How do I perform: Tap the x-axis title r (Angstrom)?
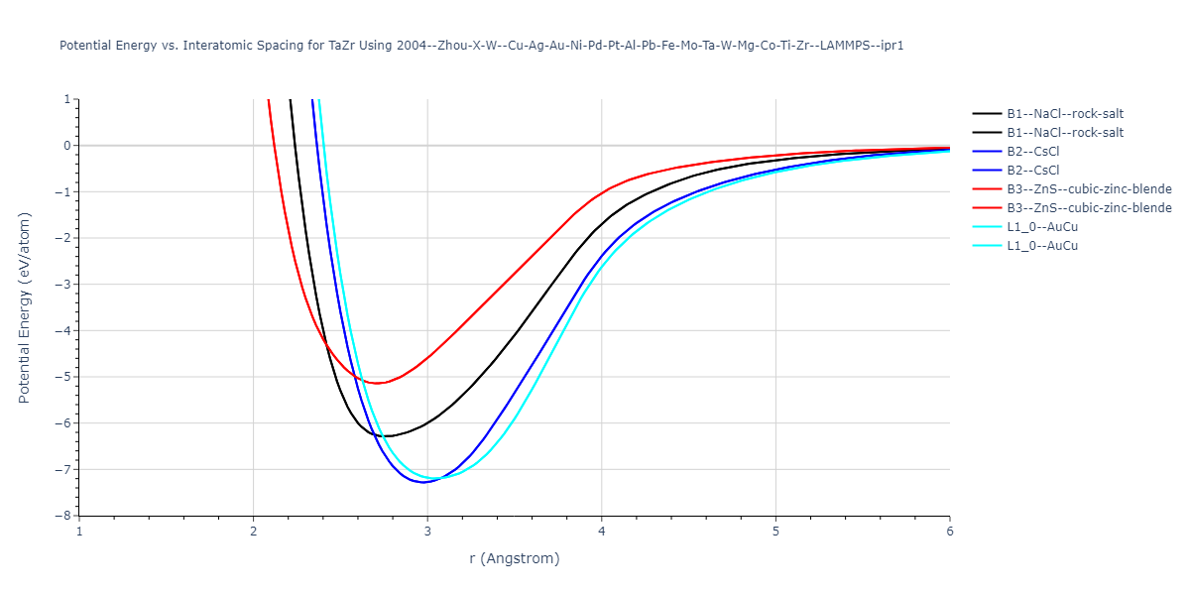click(514, 558)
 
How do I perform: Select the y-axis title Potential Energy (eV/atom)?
click(25, 307)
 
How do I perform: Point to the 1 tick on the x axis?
click(79, 532)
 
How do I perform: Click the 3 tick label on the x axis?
click(427, 532)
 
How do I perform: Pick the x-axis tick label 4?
click(602, 532)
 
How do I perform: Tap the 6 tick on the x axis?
click(949, 532)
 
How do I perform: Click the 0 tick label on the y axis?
click(66, 146)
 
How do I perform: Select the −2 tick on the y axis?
click(62, 238)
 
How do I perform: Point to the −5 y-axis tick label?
click(62, 377)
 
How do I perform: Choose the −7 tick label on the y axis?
click(62, 469)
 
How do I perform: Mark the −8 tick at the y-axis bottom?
click(62, 516)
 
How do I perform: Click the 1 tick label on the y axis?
click(66, 99)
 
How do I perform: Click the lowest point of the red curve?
click(377, 383)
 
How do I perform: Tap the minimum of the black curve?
click(388, 436)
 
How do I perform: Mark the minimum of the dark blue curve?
click(424, 482)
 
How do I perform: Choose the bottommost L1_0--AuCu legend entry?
click(1041, 246)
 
